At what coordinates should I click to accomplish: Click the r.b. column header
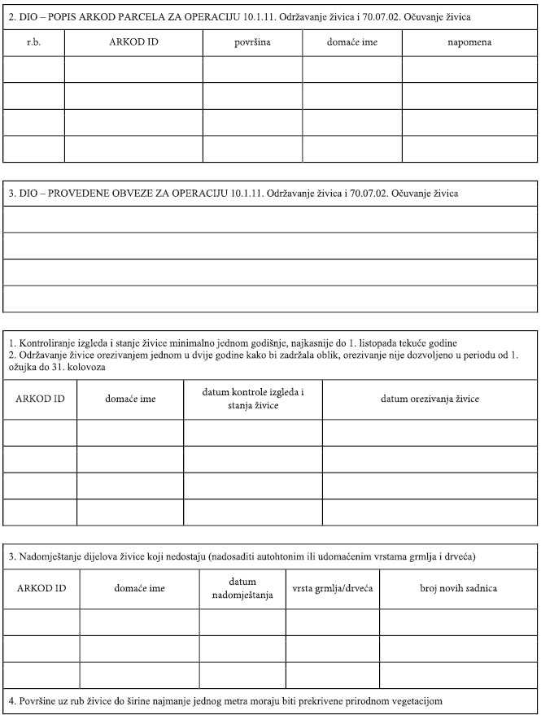pyautogui.click(x=34, y=41)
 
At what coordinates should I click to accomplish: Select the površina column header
pyautogui.click(x=251, y=41)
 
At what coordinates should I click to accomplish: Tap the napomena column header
pyautogui.click(x=469, y=41)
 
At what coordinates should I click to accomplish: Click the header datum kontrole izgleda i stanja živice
pyautogui.click(x=252, y=399)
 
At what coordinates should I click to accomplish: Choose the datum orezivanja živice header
pyautogui.click(x=430, y=399)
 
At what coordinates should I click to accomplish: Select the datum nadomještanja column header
pyautogui.click(x=242, y=587)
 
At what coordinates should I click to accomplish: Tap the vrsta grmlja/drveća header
pyautogui.click(x=332, y=587)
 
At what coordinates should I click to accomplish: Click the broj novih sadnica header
pyautogui.click(x=458, y=587)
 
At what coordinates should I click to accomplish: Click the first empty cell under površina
pyautogui.click(x=251, y=69)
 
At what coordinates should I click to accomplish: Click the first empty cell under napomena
pyautogui.click(x=469, y=69)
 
